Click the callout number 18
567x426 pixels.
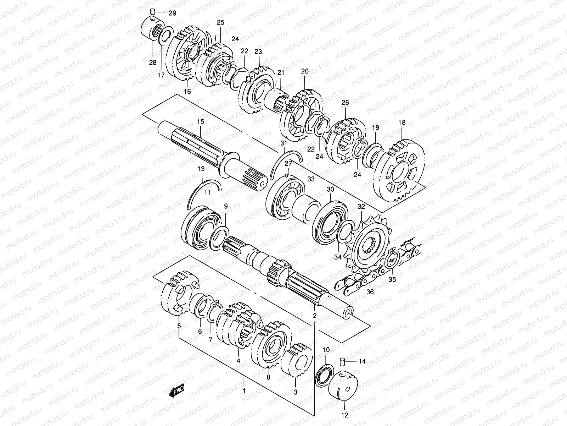pyautogui.click(x=402, y=123)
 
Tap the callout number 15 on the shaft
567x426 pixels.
pyautogui.click(x=201, y=122)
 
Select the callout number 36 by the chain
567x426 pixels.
pyautogui.click(x=370, y=292)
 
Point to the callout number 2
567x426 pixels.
pyautogui.click(x=314, y=316)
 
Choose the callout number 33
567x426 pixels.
pyautogui.click(x=311, y=180)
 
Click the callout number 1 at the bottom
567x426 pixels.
pyautogui.click(x=243, y=391)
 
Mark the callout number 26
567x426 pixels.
pyautogui.click(x=345, y=103)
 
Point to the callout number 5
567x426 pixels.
pyautogui.click(x=179, y=326)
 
